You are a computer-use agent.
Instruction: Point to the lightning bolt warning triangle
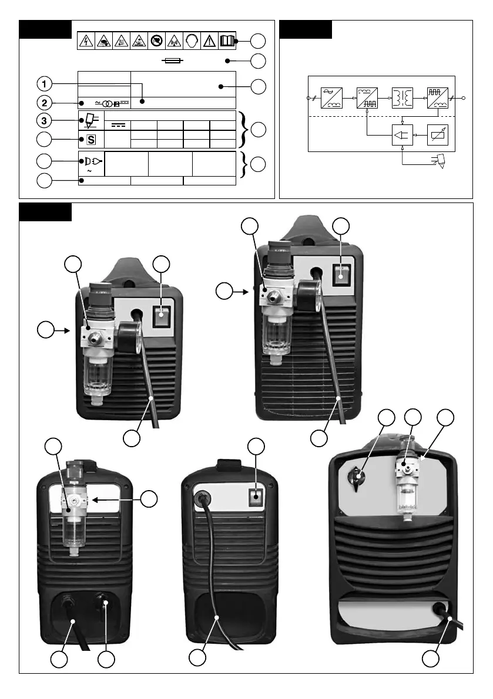coord(86,40)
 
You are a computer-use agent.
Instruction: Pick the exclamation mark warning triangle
coord(209,40)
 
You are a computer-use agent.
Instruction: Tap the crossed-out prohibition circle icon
coord(156,40)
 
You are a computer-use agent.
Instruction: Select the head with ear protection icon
coord(191,40)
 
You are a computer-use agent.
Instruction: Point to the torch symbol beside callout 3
coord(90,121)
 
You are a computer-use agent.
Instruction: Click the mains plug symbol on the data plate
coord(92,160)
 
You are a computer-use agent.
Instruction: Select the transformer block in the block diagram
coord(403,98)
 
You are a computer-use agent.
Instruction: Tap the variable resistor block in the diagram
coord(438,136)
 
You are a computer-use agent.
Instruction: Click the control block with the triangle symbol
coord(403,136)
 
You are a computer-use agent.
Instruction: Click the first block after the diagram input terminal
coord(331,98)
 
